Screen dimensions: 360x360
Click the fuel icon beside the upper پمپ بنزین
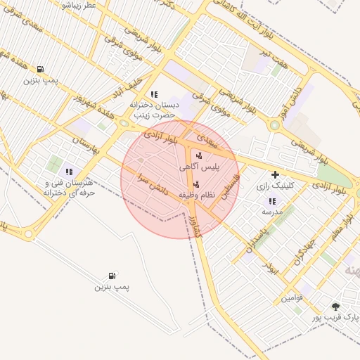point(40,70)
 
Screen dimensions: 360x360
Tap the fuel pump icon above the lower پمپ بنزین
point(112,276)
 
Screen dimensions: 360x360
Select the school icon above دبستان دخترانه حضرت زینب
point(154,94)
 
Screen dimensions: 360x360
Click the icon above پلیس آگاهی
point(199,156)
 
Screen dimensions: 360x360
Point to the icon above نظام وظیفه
point(195,184)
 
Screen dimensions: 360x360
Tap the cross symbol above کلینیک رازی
point(275,174)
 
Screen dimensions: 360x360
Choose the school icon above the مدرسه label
point(272,201)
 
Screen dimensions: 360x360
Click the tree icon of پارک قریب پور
point(335,307)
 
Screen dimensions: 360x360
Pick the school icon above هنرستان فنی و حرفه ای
point(69,172)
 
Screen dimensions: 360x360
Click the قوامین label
point(292,297)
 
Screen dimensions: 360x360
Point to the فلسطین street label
point(231,186)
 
